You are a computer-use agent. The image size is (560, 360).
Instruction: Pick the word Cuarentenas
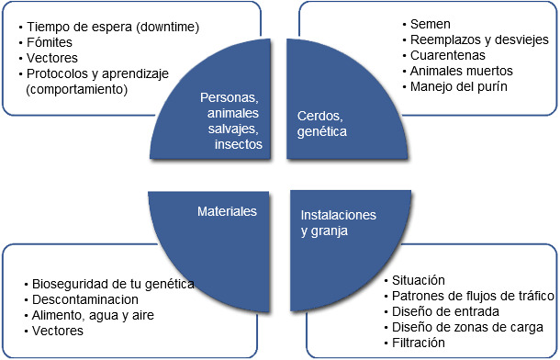[x=447, y=55]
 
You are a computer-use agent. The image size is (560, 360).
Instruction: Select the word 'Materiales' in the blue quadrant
[x=227, y=211]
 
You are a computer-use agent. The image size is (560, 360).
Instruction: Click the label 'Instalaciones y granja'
[x=339, y=222]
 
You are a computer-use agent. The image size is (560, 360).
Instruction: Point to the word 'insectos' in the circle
[x=237, y=144]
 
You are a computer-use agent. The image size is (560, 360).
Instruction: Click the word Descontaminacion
[x=84, y=298]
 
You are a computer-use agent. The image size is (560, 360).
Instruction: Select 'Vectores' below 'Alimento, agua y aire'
[x=55, y=330]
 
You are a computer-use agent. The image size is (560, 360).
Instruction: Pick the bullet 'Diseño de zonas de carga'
[x=468, y=326]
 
